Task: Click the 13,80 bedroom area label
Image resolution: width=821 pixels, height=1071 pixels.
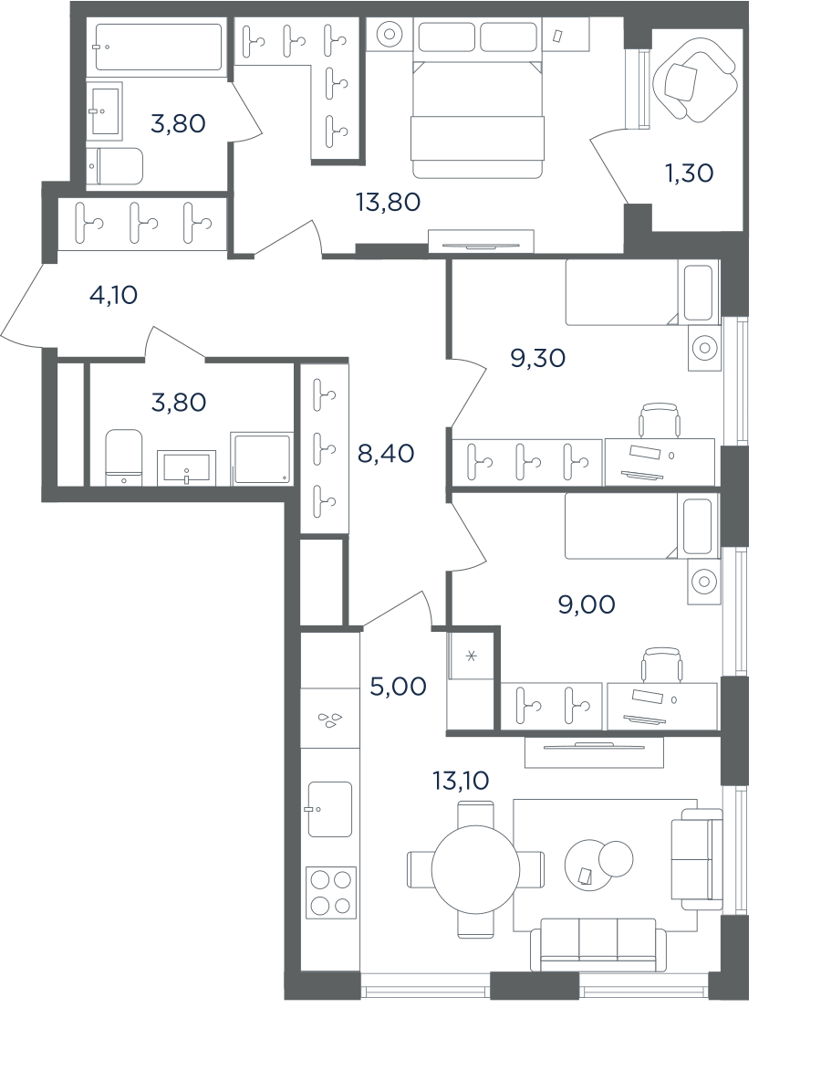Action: click(388, 202)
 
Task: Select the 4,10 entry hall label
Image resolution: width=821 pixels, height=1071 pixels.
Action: click(113, 295)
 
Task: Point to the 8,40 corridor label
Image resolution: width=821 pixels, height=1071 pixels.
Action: click(386, 453)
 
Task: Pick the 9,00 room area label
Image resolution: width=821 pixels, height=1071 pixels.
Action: click(587, 604)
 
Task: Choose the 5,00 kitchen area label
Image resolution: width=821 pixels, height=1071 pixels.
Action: click(398, 686)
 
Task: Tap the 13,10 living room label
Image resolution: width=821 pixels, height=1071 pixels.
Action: click(461, 780)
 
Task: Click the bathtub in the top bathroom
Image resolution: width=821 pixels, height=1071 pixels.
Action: click(159, 47)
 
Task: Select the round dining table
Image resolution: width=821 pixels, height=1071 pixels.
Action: click(475, 869)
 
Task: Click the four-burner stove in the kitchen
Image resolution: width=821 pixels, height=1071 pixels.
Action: click(332, 891)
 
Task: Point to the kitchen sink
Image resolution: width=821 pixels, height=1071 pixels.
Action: click(330, 809)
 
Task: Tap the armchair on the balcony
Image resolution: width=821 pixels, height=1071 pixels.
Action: click(695, 79)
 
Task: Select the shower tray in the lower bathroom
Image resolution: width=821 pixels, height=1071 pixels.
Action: click(262, 458)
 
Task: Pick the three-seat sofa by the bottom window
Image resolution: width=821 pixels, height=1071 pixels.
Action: click(598, 944)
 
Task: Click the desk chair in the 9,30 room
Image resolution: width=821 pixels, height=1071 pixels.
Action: click(660, 419)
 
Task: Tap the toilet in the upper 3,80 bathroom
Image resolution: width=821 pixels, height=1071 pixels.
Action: click(115, 167)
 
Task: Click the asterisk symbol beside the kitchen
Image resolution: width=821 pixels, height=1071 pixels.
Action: click(471, 657)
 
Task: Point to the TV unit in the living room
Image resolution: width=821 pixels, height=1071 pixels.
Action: click(594, 752)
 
